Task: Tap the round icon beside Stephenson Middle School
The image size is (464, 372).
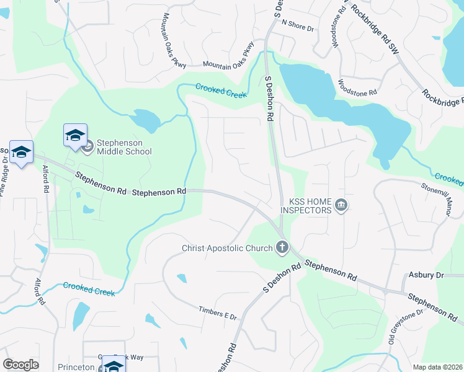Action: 87,147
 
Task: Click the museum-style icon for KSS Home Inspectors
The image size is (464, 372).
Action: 341,205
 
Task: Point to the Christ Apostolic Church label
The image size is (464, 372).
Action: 227,249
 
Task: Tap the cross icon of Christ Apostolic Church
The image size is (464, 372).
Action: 282,249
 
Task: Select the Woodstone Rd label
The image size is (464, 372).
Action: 357,87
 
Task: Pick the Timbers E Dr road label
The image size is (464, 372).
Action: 218,314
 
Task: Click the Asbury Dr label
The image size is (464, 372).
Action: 427,275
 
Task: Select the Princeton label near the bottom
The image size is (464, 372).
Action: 75,367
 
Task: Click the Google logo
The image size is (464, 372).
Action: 20,365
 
